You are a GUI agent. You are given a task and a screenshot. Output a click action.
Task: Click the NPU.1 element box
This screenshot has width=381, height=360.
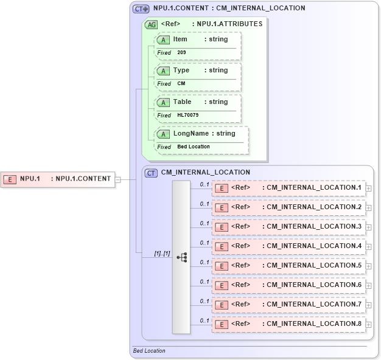58,179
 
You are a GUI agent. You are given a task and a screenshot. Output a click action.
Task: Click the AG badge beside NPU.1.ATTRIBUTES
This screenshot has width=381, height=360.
150,24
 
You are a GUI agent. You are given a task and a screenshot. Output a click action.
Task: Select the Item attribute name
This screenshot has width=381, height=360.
180,39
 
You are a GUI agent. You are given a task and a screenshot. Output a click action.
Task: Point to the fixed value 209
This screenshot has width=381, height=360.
181,53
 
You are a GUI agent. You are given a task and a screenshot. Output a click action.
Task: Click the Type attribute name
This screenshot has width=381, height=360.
181,71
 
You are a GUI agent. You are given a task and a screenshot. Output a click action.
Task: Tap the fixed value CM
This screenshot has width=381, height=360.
181,84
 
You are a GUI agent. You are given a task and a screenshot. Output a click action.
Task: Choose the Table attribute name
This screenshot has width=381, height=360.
182,102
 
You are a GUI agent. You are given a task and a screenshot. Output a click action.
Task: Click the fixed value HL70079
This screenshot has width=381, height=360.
187,115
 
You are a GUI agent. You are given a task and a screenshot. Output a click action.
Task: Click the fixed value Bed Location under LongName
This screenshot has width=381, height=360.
194,147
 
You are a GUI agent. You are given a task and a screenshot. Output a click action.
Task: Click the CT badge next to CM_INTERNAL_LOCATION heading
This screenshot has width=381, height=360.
151,173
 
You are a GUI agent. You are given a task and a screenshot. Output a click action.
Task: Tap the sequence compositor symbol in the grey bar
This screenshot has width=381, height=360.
181,257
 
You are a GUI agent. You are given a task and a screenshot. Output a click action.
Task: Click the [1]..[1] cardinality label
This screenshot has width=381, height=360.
162,253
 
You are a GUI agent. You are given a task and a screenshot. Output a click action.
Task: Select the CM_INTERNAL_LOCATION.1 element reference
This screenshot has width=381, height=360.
288,187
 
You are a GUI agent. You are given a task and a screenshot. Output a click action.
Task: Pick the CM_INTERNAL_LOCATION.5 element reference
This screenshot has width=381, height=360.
288,265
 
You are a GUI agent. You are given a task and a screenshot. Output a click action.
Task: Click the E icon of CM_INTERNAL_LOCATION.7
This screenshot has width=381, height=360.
223,305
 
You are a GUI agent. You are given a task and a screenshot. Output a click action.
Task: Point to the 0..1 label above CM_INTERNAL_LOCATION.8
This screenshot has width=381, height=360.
204,320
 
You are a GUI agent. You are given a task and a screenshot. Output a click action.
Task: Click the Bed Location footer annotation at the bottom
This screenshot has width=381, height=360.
149,351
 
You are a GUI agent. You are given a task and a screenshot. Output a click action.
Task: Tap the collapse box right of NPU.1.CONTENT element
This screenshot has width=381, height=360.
118,179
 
